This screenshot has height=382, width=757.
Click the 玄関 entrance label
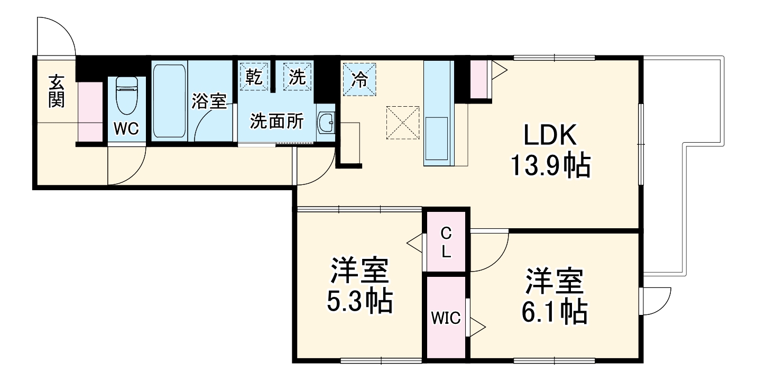[x=57, y=91]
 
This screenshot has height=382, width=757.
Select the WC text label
[x=126, y=128]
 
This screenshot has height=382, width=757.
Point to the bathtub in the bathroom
[x=169, y=101]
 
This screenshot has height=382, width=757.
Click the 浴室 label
[x=209, y=101]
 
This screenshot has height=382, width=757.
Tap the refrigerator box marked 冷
[x=359, y=80]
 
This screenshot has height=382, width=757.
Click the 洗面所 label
[x=276, y=122]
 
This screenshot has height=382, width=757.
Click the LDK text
[x=549, y=137]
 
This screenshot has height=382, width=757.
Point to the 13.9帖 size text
[x=549, y=166]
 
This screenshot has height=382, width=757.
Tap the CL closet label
[x=446, y=243]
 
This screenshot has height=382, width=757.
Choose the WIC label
[x=445, y=318]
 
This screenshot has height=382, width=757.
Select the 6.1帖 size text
[x=555, y=312]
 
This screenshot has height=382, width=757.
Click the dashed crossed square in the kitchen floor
[x=403, y=123]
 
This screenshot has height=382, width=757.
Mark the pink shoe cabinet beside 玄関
[x=90, y=111]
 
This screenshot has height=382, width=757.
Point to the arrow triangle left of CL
[x=416, y=244]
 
